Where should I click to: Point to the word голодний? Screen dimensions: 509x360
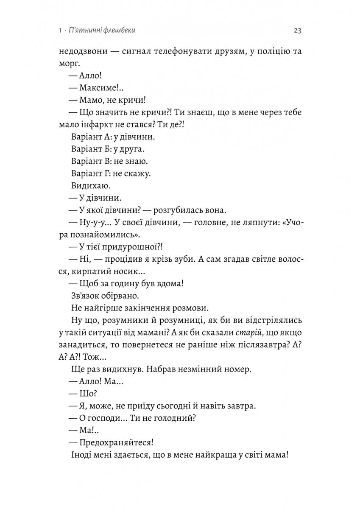tap(174, 417)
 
